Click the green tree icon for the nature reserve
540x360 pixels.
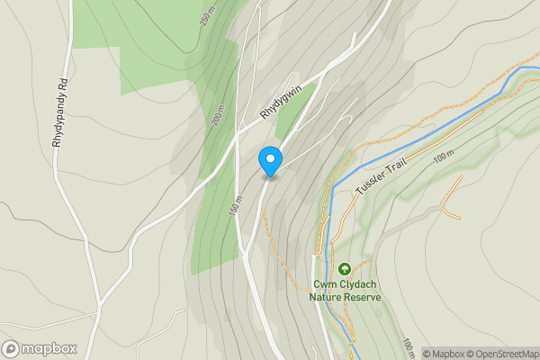pos(344,269)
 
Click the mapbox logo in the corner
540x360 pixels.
pos(39,348)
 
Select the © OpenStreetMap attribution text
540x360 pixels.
pos(502,353)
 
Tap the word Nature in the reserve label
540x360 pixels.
pos(327,296)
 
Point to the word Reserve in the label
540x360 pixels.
pos(364,296)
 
